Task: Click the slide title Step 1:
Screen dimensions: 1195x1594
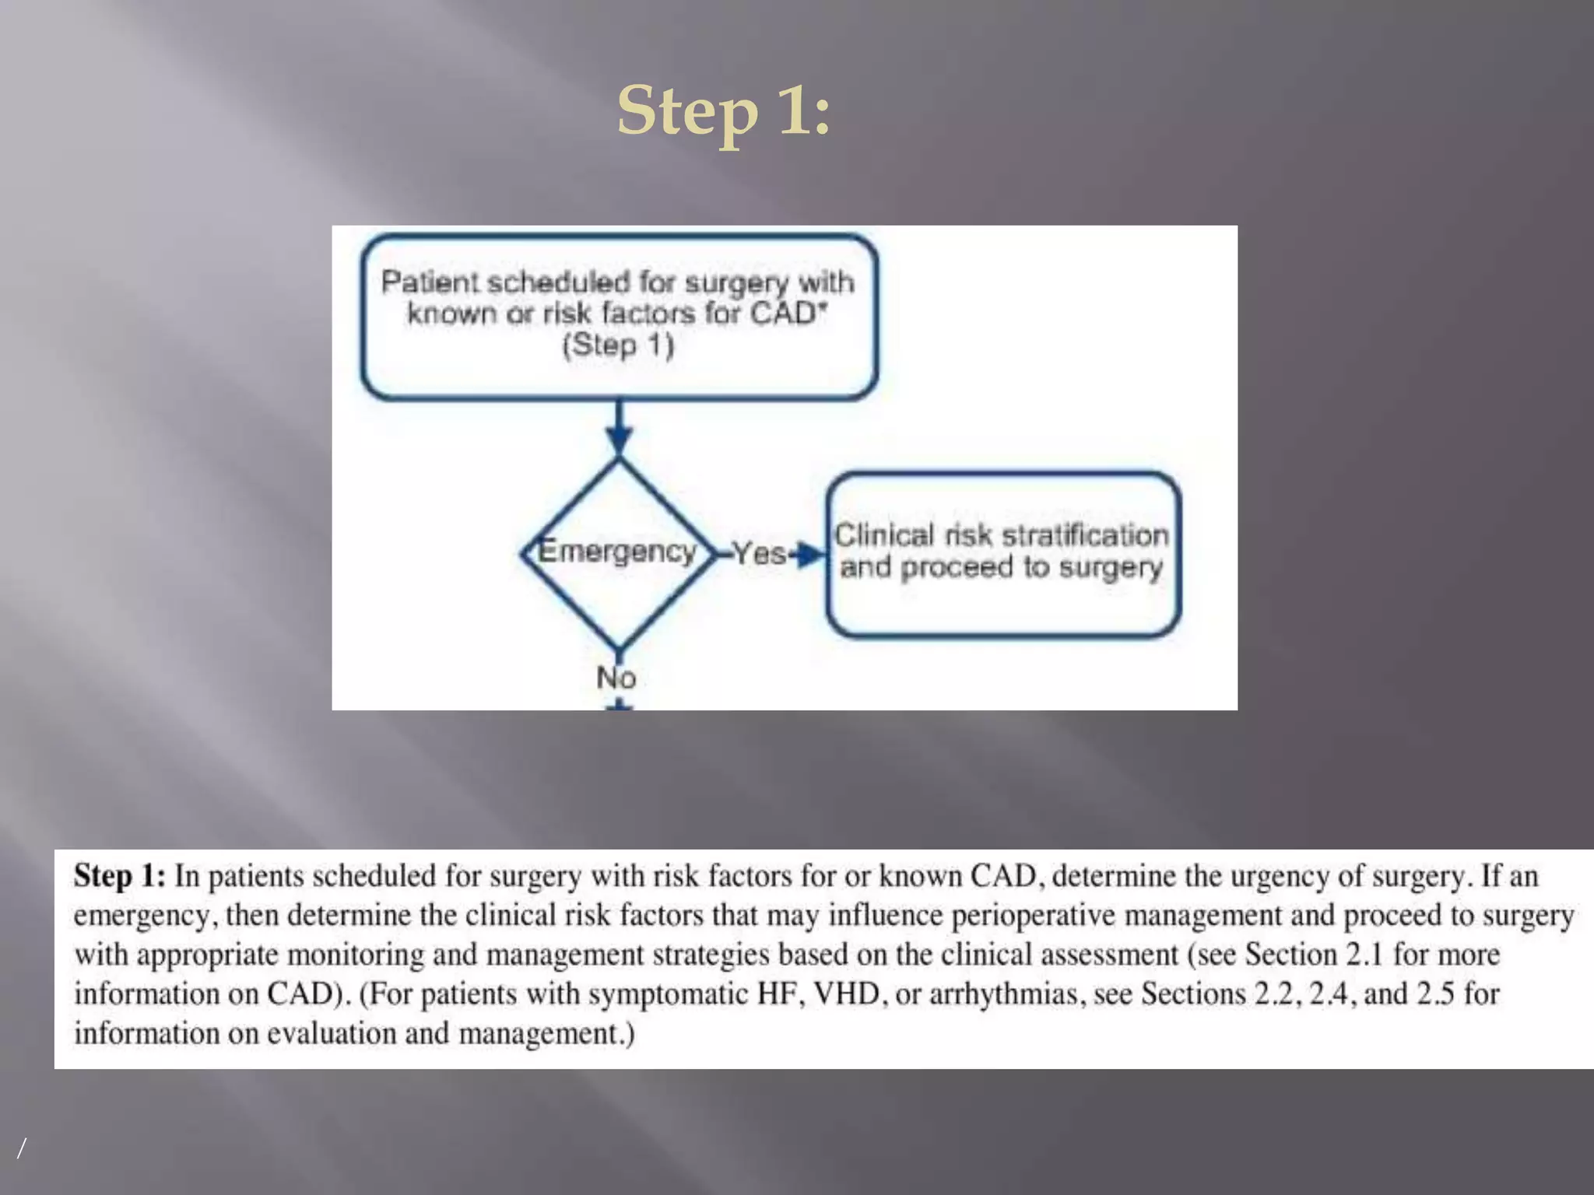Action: click(724, 111)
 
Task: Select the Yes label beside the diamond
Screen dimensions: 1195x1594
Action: click(758, 554)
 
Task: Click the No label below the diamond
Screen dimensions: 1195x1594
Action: click(616, 678)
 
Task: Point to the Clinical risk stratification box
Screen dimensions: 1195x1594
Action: click(1002, 554)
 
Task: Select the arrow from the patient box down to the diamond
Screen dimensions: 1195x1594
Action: click(619, 428)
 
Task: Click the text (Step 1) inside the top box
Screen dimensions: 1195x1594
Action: click(618, 345)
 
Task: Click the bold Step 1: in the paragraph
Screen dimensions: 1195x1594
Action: click(119, 877)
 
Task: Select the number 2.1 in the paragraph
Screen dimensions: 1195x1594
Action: click(1364, 955)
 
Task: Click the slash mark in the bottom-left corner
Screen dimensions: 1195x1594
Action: click(22, 1148)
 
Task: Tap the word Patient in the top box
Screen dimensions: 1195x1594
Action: click(429, 282)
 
